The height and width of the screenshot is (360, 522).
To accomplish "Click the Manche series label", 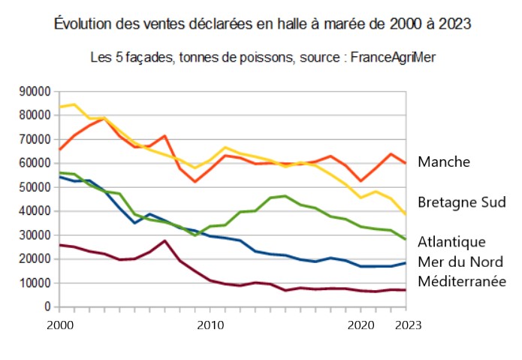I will click(x=444, y=162).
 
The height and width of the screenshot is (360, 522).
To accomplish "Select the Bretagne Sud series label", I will click(x=460, y=203).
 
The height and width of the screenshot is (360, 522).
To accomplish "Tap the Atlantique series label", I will click(x=452, y=242).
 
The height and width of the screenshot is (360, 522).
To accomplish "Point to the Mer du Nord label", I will click(x=460, y=262).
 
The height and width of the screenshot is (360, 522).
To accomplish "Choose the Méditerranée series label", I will click(x=462, y=281).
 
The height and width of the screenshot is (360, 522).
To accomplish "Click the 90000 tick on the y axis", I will click(x=34, y=92).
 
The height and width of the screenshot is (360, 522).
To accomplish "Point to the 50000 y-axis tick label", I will click(x=34, y=187).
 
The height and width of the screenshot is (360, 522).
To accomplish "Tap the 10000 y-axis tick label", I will click(x=34, y=283).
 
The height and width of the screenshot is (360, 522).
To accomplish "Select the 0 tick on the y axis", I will click(x=47, y=307).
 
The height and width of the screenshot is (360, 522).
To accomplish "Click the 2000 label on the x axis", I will click(x=59, y=325).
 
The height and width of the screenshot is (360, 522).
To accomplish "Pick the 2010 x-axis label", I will click(x=210, y=325).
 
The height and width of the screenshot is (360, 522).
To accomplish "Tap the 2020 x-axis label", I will click(x=361, y=325).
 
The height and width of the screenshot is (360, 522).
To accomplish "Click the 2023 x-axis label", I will click(x=406, y=325).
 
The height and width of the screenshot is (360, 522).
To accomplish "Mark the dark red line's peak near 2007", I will click(x=164, y=241).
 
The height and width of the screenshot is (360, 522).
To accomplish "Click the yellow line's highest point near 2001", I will click(x=74, y=104).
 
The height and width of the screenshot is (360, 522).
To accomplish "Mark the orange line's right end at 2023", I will click(x=406, y=163).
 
